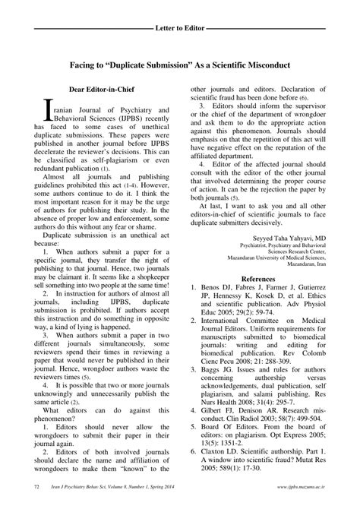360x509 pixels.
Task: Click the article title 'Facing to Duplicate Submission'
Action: point(180,65)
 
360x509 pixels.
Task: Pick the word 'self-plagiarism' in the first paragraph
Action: point(112,163)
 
